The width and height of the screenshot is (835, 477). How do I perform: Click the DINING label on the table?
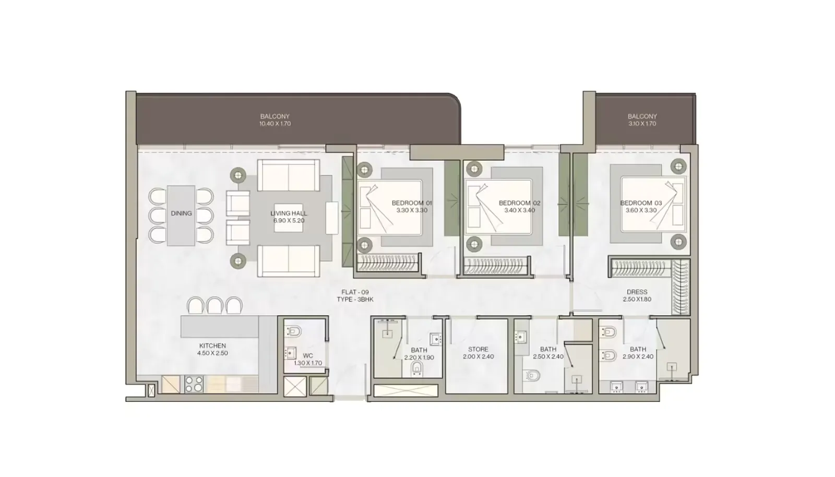tap(181, 213)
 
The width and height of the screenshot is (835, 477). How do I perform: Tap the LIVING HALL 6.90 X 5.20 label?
tap(289, 217)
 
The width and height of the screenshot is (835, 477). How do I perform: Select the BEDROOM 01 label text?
tap(412, 203)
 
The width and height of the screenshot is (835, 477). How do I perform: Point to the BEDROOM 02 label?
tap(519, 203)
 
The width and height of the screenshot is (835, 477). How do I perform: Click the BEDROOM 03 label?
tap(641, 203)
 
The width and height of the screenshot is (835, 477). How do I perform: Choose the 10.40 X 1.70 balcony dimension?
tap(275, 124)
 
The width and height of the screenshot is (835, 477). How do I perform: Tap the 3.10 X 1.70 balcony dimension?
tap(642, 124)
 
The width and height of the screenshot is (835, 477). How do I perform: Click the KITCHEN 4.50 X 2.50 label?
tap(212, 349)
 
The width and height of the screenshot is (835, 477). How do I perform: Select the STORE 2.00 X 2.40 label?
tap(478, 353)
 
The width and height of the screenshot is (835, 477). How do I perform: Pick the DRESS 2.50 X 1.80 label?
tap(637, 295)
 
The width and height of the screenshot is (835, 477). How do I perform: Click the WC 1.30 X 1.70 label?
tap(308, 359)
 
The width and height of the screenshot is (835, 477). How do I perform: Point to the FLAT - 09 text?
tap(355, 292)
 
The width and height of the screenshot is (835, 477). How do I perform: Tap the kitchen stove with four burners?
tap(194, 384)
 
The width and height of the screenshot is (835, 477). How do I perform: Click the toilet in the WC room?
tap(294, 331)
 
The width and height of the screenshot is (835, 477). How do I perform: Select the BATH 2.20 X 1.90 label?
tap(419, 354)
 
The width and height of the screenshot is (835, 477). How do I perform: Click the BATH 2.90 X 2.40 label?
tap(638, 353)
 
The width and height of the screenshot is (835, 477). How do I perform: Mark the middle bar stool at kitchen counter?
tap(214, 305)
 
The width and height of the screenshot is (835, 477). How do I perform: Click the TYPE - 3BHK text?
tap(355, 300)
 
